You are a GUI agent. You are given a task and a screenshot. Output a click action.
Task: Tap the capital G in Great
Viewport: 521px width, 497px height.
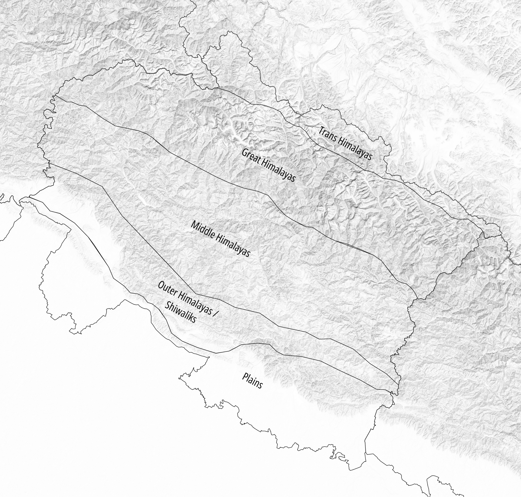(x=244, y=153)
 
